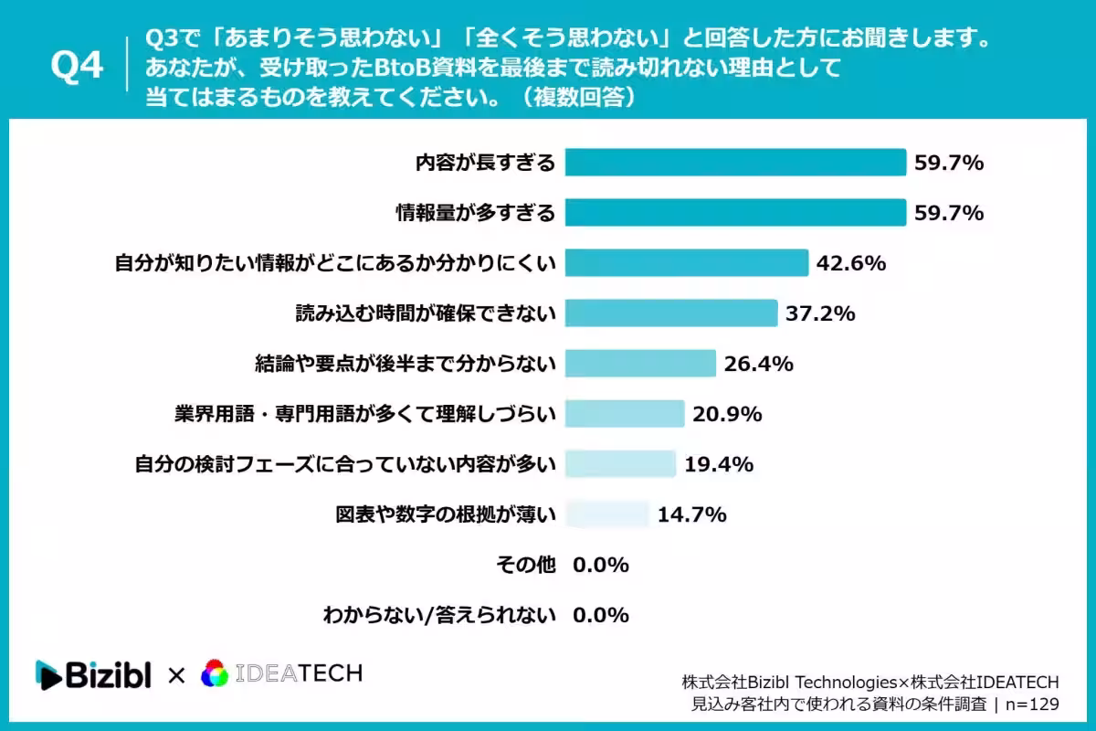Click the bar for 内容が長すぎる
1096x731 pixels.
735,162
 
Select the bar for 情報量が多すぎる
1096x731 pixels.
735,213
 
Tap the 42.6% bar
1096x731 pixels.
687,263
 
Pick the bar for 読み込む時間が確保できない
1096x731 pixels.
671,313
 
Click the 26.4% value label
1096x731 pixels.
758,364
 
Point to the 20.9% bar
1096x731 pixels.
625,414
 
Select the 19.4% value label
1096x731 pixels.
718,464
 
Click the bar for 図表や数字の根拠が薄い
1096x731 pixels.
606,514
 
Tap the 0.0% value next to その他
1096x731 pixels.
601,565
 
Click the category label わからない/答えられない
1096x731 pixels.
439,616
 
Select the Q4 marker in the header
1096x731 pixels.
77,65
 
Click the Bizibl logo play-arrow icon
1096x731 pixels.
48,674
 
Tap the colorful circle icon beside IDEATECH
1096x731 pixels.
215,673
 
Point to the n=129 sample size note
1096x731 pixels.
1032,705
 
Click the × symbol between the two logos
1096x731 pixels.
176,675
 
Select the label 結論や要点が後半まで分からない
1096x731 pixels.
406,364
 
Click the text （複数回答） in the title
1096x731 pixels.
579,97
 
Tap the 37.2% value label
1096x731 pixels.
820,313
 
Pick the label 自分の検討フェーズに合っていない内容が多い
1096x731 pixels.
345,464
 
